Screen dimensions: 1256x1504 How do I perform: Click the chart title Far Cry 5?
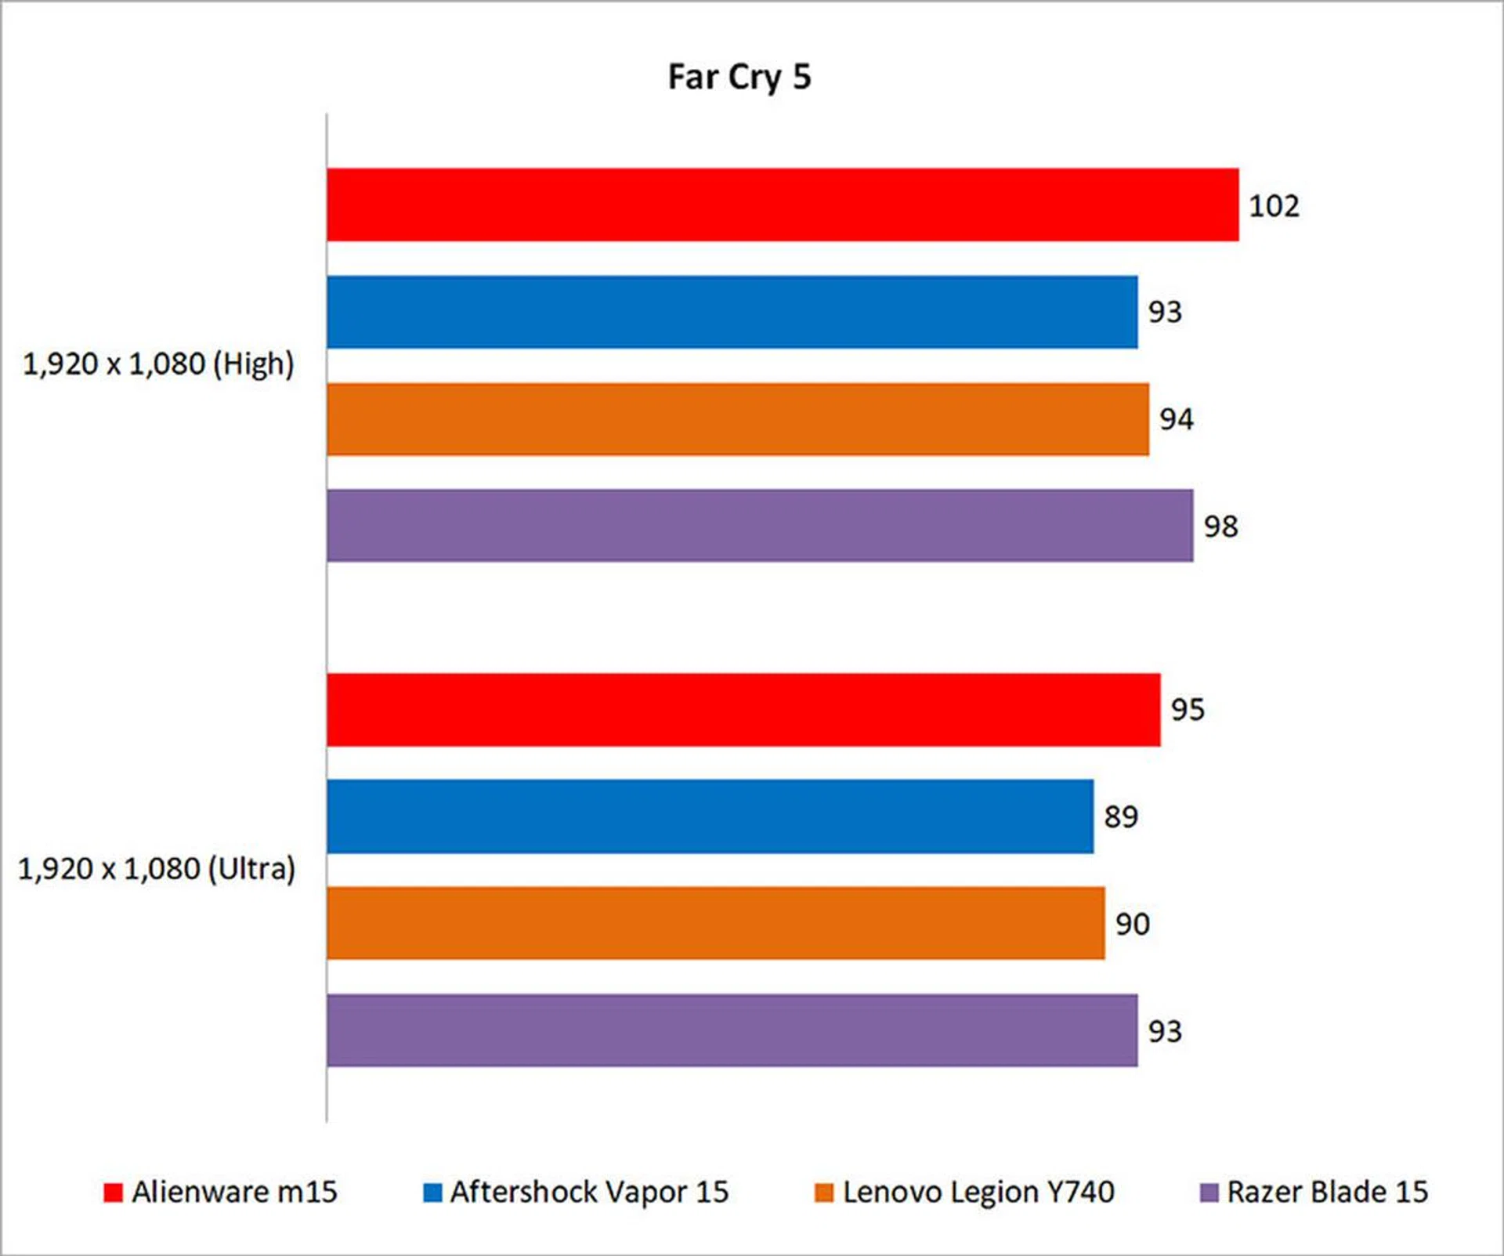click(x=739, y=77)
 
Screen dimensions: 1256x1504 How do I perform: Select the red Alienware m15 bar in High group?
click(x=782, y=205)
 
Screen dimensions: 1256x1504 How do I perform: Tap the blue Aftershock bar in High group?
click(x=732, y=312)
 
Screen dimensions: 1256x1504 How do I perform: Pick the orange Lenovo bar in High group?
click(x=737, y=419)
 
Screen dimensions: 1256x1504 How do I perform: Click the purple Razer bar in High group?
click(x=759, y=526)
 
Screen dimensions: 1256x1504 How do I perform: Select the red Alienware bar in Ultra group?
click(x=743, y=709)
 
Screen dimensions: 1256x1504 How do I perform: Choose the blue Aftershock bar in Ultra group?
click(x=710, y=816)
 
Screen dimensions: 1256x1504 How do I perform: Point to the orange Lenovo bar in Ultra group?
click(x=715, y=923)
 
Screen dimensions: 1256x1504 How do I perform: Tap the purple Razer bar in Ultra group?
click(x=732, y=1030)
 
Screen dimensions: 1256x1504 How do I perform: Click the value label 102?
click(x=1274, y=206)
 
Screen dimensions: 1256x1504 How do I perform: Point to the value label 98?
click(x=1220, y=527)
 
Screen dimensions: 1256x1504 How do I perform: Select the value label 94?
click(x=1176, y=419)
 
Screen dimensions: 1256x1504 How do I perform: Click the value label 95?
click(x=1187, y=710)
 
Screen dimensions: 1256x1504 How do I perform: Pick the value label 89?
click(x=1120, y=817)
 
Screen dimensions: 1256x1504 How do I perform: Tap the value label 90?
click(x=1132, y=925)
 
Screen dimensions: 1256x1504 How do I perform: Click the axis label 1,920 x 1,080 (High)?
click(x=158, y=364)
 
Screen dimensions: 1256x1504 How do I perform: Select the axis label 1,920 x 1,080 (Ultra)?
click(x=157, y=869)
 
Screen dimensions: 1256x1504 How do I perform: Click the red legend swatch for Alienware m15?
click(x=114, y=1193)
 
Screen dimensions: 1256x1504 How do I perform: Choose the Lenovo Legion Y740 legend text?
click(x=978, y=1193)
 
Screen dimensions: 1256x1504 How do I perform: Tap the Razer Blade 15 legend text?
click(x=1327, y=1193)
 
